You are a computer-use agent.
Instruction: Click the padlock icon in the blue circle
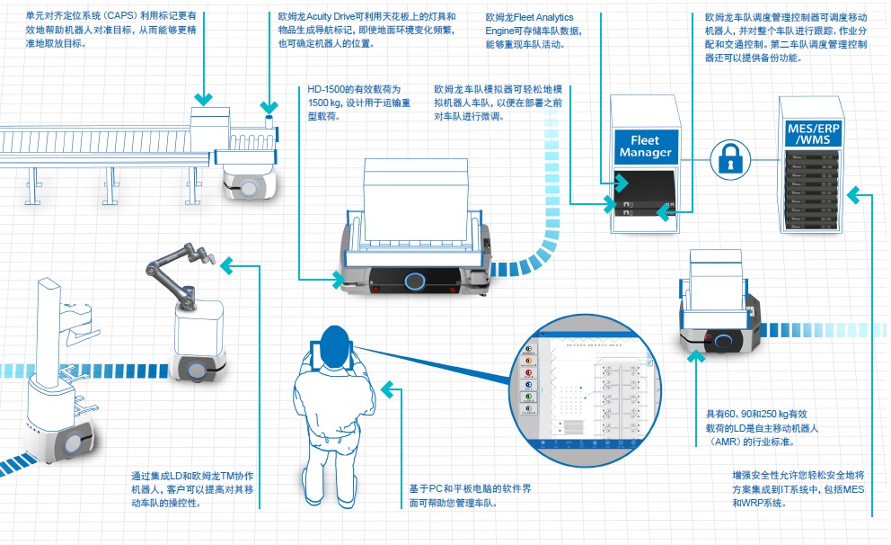click(x=729, y=158)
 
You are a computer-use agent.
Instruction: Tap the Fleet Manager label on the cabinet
click(x=645, y=147)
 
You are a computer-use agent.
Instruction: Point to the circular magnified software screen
click(x=585, y=389)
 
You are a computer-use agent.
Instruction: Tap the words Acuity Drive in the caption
click(x=335, y=16)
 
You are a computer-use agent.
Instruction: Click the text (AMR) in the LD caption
click(x=730, y=442)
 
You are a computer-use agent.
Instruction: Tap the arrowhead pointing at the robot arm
click(x=227, y=264)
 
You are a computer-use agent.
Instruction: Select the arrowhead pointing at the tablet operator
click(x=387, y=389)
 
